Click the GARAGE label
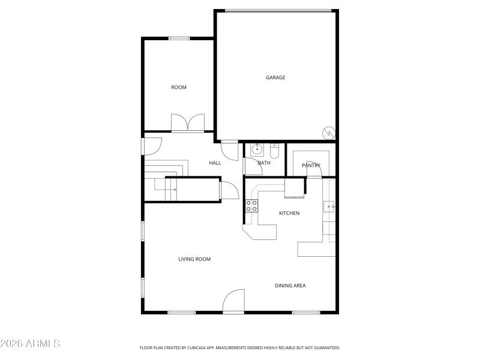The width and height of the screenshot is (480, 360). coord(275,77)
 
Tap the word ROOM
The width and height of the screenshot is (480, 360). coord(179,88)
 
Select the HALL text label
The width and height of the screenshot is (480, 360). coord(215,163)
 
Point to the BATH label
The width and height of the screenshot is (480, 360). coord(264,163)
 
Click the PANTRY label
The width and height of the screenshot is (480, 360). coord(311,166)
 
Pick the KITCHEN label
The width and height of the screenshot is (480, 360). coord(289,214)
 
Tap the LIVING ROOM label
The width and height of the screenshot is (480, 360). coord(194,260)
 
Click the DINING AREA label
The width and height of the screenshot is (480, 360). coord(290,286)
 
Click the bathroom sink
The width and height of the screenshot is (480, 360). coord(257,148)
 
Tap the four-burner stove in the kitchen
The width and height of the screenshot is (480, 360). coord(251,206)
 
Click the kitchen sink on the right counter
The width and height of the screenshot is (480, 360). coord(329,207)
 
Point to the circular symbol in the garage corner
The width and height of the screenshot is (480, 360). coord(328,132)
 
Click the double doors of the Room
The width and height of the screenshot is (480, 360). coord(188,123)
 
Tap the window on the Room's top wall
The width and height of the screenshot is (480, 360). coord(179,38)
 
